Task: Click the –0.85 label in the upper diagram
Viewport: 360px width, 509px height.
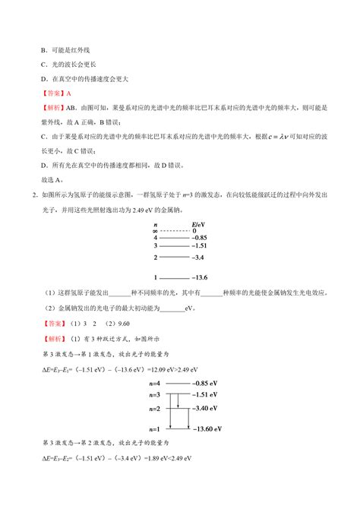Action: click(201, 238)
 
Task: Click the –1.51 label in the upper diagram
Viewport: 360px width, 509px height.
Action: click(201, 246)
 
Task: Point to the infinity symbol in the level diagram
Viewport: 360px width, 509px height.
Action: click(155, 231)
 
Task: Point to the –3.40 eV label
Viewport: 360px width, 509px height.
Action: click(205, 409)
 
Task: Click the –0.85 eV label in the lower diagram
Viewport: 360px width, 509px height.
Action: click(205, 385)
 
